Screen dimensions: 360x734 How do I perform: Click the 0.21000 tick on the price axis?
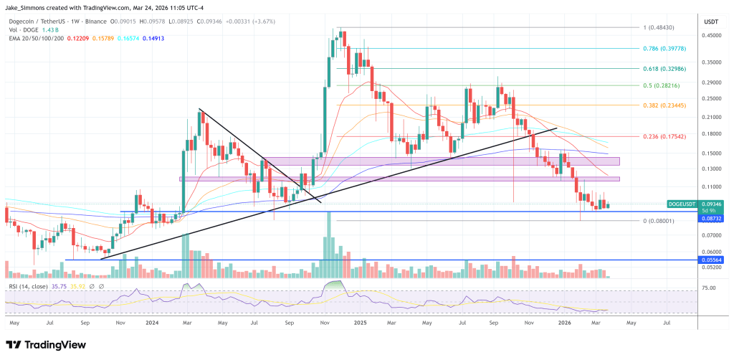click(712, 116)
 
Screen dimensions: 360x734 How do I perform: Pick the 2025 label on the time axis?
click(361, 323)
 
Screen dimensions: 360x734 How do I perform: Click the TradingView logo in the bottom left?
click(44, 344)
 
